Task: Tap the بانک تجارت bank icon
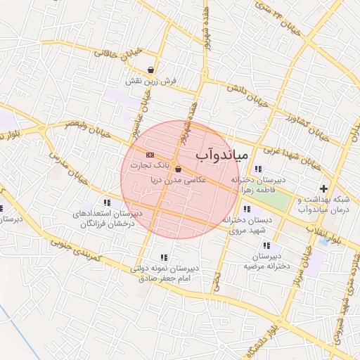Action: [x=149, y=153]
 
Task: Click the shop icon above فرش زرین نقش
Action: [x=151, y=70]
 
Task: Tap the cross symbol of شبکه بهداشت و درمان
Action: [x=323, y=188]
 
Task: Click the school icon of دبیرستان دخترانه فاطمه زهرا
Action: [x=258, y=169]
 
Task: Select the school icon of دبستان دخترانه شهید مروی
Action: [x=245, y=208]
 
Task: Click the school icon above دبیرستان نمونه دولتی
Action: [x=164, y=257]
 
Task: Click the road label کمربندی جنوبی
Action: [x=80, y=252]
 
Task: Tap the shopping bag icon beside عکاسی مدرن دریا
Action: [x=178, y=169]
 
